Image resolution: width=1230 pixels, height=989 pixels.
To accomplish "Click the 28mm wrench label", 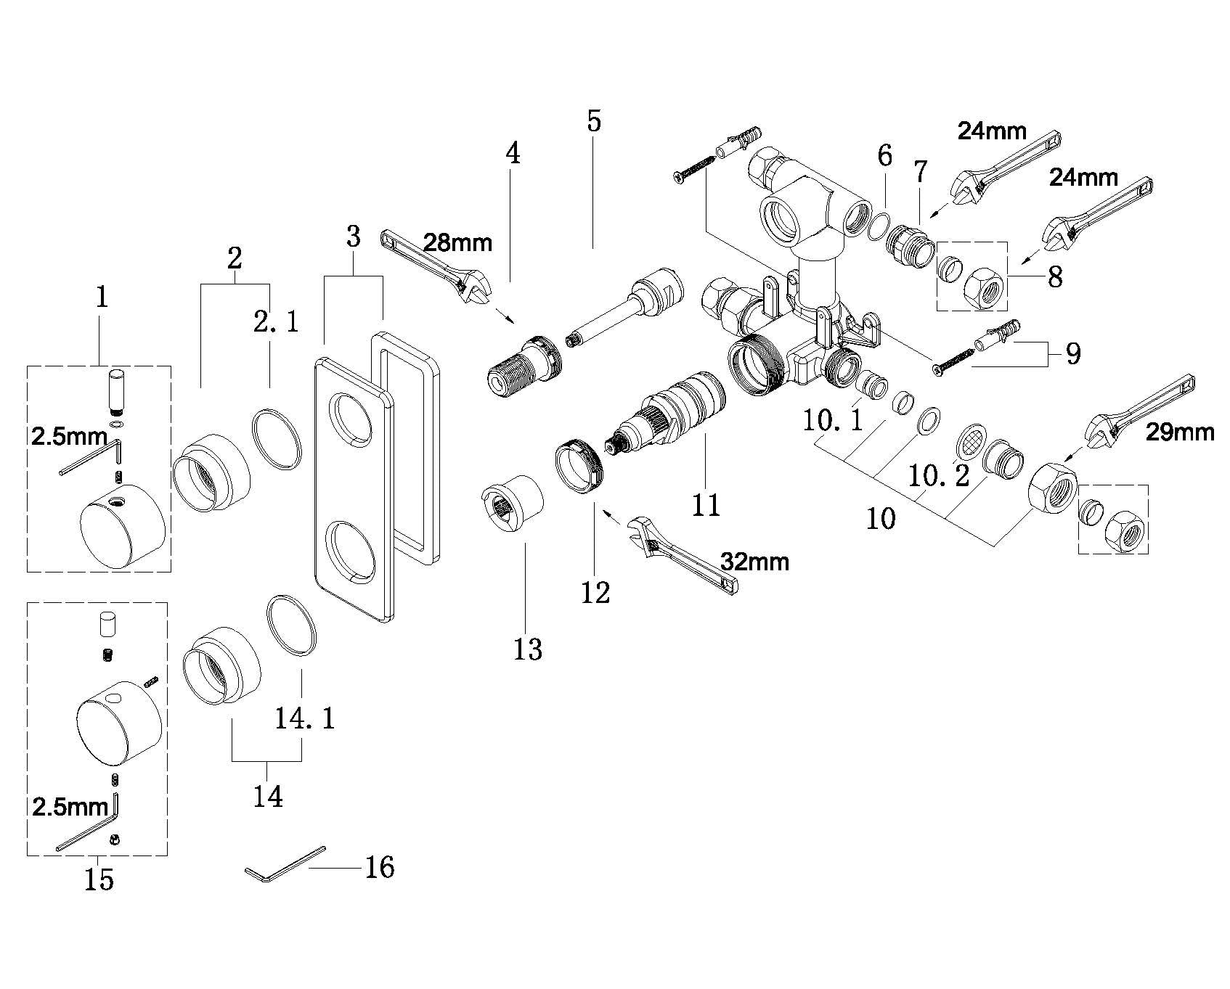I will [x=457, y=242].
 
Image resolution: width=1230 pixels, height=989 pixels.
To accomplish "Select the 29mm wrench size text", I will [x=1180, y=432].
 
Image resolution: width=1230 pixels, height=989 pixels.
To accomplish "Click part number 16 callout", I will [x=379, y=867].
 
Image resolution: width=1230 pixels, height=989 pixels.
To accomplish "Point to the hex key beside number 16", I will [x=285, y=863].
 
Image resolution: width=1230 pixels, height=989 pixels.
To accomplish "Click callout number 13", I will [x=528, y=649].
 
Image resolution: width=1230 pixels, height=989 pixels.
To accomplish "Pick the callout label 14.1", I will [x=305, y=718].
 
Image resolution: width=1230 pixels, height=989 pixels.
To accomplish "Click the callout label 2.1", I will [x=276, y=321].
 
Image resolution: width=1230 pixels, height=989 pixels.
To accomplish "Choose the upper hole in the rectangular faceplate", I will [x=351, y=417].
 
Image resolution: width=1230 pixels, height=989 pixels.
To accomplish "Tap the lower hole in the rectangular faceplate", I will [x=351, y=551].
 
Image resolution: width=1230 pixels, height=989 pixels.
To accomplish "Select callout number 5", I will [x=594, y=120].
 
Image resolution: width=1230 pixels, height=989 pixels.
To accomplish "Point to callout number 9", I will [x=1072, y=353].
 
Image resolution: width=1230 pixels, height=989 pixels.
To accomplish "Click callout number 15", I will [x=99, y=879].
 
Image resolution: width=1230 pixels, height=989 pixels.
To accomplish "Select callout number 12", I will [x=595, y=592].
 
